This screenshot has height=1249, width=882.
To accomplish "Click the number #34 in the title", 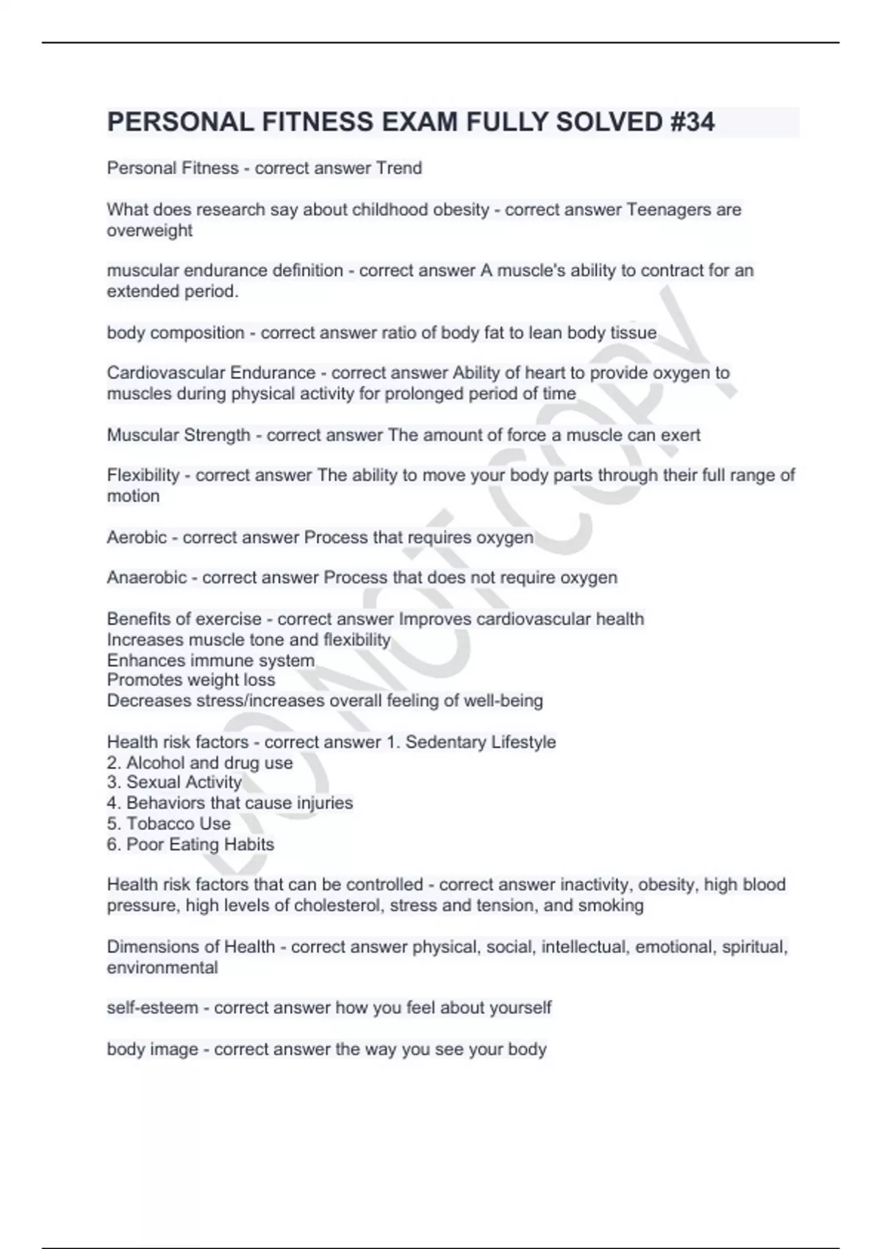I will pyautogui.click(x=692, y=122).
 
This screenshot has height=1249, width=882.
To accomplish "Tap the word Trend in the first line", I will pyautogui.click(x=398, y=168).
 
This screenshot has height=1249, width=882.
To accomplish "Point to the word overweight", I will pyautogui.click(x=149, y=231).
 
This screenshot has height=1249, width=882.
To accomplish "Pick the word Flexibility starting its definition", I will pyautogui.click(x=143, y=475).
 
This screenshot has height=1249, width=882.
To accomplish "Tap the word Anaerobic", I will pyautogui.click(x=146, y=578).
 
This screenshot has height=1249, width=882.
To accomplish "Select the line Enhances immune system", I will pyautogui.click(x=210, y=661).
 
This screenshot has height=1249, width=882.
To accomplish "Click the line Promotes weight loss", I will pyautogui.click(x=191, y=680).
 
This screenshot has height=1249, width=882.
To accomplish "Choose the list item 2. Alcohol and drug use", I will pyautogui.click(x=200, y=763).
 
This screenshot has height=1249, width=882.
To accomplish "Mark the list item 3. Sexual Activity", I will pyautogui.click(x=174, y=782).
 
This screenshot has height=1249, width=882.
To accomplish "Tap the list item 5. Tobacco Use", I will pyautogui.click(x=168, y=824).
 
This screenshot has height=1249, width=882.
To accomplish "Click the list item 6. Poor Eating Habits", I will pyautogui.click(x=190, y=844).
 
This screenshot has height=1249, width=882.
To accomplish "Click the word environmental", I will pyautogui.click(x=162, y=968).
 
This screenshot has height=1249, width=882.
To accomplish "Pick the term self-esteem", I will pyautogui.click(x=152, y=1008).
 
